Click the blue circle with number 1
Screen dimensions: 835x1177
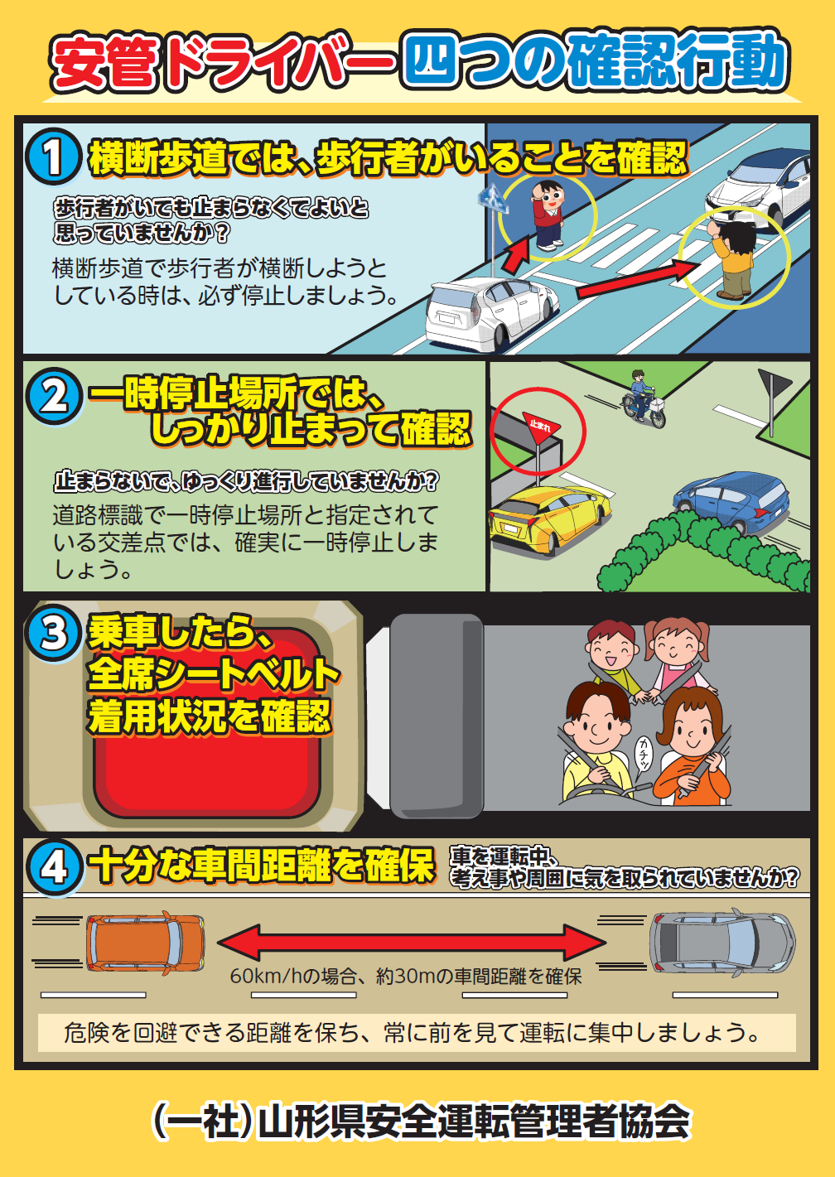53,156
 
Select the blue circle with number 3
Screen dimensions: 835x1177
54,633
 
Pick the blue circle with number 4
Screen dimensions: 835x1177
54,867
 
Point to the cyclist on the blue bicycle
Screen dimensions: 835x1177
643,398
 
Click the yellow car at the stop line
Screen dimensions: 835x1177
549,517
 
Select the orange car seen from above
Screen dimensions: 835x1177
146,943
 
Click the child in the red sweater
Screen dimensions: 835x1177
548,215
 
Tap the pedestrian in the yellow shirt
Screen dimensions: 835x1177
734,258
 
